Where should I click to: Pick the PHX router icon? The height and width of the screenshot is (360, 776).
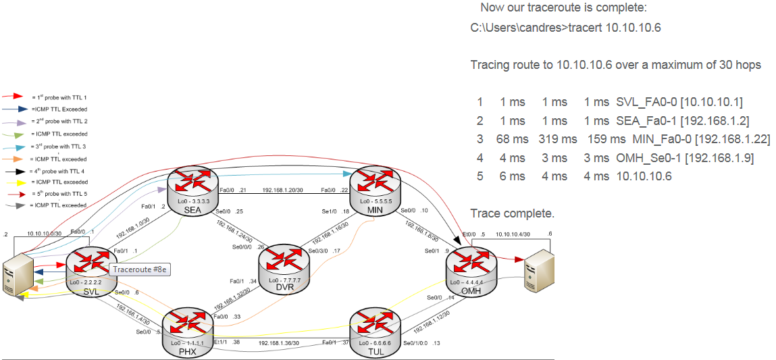[187, 328]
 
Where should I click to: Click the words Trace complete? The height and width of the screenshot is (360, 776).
[512, 213]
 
